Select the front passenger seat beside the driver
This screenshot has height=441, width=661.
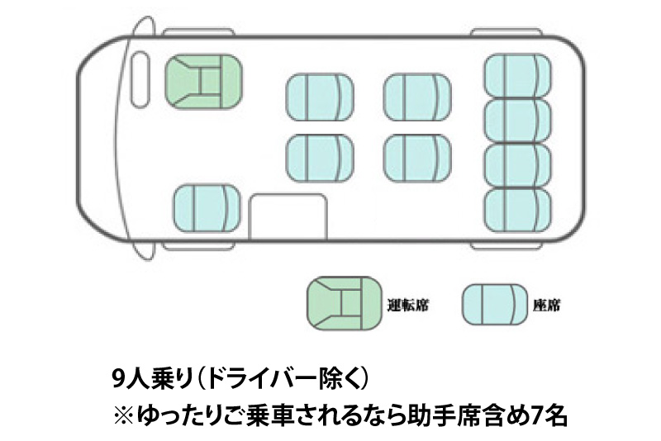(x=207, y=210)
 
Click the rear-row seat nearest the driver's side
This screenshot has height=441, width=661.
(x=517, y=76)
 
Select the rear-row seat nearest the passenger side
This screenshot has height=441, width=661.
(x=517, y=210)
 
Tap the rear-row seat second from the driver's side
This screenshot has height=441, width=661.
(x=517, y=121)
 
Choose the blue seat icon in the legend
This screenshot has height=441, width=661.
(x=494, y=303)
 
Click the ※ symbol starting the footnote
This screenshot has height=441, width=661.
(x=121, y=415)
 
